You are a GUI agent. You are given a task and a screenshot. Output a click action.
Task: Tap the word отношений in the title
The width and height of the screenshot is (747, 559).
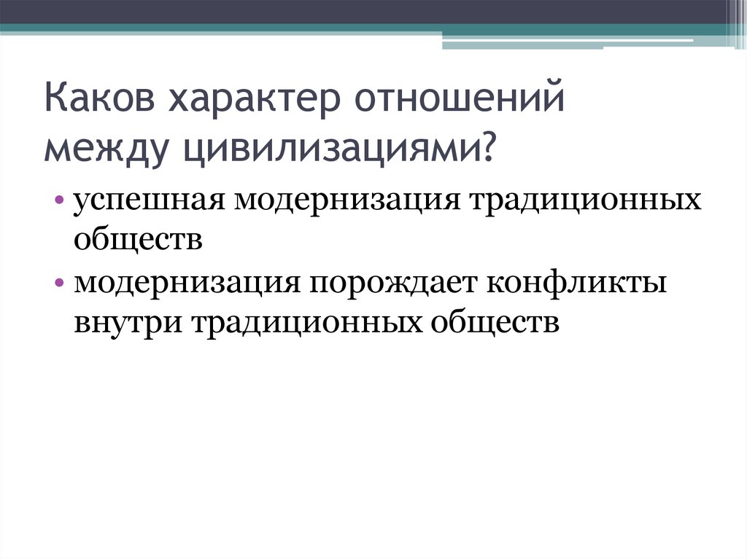tap(460, 101)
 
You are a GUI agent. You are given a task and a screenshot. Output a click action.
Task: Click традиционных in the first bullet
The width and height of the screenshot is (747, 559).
tap(588, 200)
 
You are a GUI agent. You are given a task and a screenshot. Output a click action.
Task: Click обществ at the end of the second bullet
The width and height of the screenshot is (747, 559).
tap(496, 321)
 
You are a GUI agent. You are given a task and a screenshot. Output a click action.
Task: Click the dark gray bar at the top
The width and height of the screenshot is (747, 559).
tap(365, 11)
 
